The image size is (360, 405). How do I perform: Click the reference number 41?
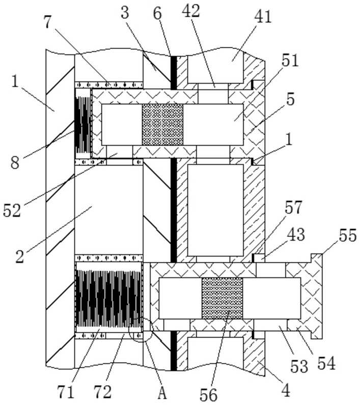263,17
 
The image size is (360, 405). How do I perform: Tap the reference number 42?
191,11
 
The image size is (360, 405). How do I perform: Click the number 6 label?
157,13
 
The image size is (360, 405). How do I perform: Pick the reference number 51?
290,61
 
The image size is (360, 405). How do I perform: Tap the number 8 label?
15,163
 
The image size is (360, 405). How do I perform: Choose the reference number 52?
12,211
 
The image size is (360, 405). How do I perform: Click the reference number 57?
293,208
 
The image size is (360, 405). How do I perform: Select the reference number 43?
297,235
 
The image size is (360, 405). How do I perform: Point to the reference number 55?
348,235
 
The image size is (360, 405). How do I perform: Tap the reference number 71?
65,392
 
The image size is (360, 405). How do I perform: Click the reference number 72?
102,392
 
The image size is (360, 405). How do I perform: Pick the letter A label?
162,393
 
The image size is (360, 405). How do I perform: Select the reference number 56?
209,395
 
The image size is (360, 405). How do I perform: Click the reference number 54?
326,363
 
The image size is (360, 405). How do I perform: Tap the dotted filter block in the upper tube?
162,125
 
